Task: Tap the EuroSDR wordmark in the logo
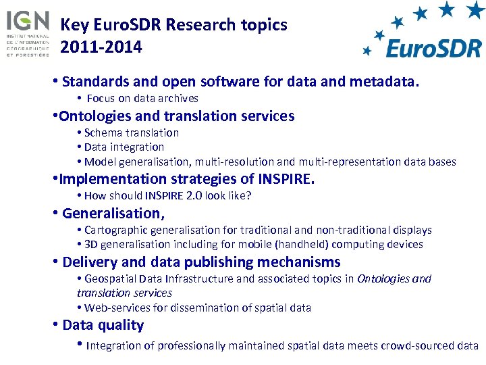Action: (x=433, y=48)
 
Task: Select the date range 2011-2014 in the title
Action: (x=101, y=47)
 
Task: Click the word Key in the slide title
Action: (x=74, y=26)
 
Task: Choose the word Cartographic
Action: (x=115, y=230)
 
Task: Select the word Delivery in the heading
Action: (x=86, y=262)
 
